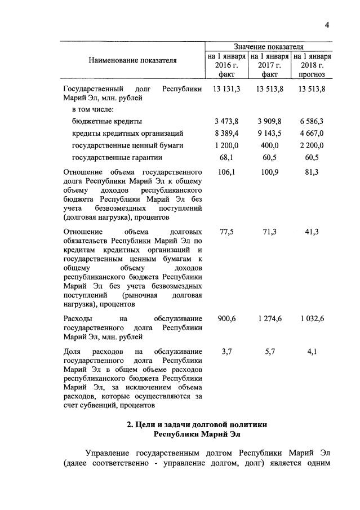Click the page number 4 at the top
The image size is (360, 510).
[327, 25]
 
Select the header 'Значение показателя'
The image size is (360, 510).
[268, 46]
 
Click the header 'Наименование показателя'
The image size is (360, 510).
[132, 60]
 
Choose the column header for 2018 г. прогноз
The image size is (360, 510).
[312, 65]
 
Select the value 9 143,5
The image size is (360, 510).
[269, 133]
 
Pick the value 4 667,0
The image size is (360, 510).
[312, 133]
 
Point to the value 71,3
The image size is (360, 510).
[269, 232]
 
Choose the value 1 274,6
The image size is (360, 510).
[269, 318]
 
